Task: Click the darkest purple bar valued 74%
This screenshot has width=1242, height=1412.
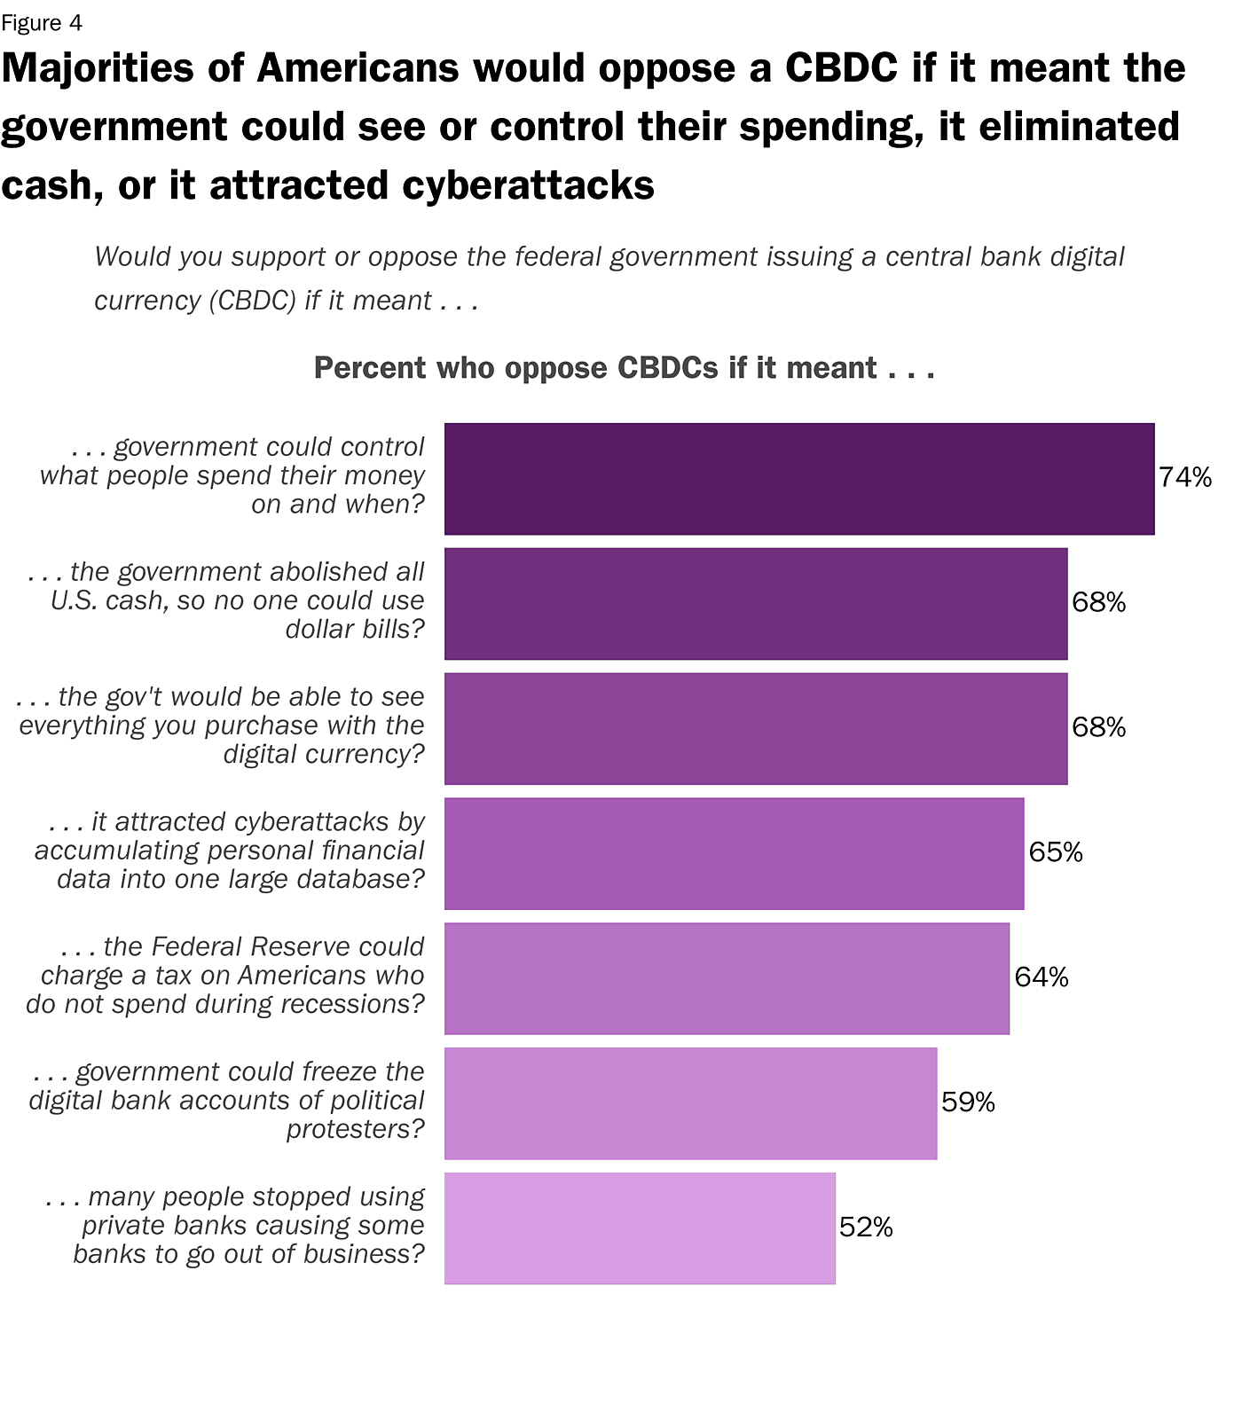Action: point(798,479)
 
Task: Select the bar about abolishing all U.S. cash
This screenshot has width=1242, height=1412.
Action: point(755,604)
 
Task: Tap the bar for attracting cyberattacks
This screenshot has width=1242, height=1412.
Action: point(734,853)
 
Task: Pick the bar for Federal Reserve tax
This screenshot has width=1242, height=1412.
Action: point(727,978)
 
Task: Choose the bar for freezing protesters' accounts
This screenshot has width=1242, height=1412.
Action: point(690,1103)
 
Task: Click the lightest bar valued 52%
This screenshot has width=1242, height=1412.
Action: point(640,1228)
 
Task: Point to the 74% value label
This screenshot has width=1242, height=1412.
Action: point(1185,478)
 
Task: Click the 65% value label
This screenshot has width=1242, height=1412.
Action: point(1056,853)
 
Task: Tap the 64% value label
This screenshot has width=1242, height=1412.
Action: point(1042,977)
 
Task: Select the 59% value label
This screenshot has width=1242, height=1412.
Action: point(968,1102)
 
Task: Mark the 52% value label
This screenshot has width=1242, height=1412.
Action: point(866,1228)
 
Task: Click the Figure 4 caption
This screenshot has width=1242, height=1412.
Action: point(42,23)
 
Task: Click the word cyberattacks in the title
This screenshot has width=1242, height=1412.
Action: point(529,186)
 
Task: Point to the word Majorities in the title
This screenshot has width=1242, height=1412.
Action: point(98,69)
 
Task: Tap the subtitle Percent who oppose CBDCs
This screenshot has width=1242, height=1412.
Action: point(624,368)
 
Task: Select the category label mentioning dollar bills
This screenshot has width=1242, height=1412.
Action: point(226,600)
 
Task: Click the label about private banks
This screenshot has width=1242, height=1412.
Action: point(235,1226)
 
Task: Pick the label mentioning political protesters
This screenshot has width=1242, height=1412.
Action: point(226,1101)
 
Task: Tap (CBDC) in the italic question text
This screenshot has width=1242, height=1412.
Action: point(252,302)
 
